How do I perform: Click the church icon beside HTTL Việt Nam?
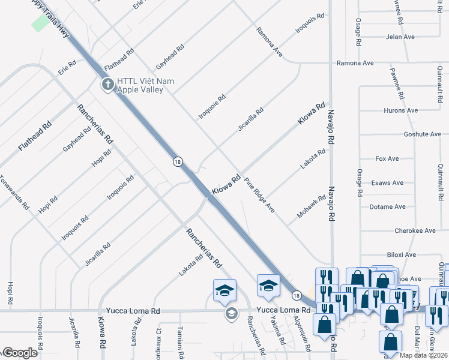108,84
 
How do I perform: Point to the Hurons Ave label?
401,110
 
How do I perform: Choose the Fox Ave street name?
387,159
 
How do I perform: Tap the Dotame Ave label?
390,206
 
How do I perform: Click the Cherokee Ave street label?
415,230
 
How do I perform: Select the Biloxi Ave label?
401,254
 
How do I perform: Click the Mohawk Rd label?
312,206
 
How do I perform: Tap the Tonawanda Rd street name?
14,191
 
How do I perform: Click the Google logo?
20,353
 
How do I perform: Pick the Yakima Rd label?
277,330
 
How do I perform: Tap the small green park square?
40,23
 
